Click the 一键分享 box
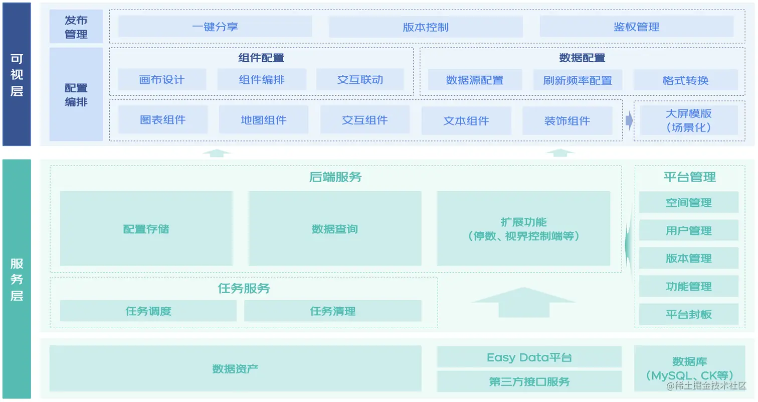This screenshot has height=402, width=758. click(x=215, y=27)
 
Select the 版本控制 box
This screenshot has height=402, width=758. click(x=426, y=27)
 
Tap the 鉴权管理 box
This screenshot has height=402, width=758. click(x=636, y=27)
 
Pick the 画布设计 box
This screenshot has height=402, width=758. click(x=162, y=80)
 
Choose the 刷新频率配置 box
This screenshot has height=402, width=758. click(x=578, y=80)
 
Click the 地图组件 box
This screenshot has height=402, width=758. click(x=264, y=120)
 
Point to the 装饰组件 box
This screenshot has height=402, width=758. click(x=567, y=120)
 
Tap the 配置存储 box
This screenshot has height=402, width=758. click(x=146, y=229)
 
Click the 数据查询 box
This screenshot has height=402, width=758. click(x=334, y=229)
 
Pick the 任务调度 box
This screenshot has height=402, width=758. click(x=148, y=311)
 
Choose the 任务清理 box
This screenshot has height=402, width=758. click(x=332, y=311)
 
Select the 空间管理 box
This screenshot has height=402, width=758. click(x=688, y=203)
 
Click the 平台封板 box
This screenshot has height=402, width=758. click(x=688, y=315)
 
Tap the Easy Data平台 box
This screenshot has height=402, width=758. click(x=529, y=357)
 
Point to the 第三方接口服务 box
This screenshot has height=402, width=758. click(x=529, y=381)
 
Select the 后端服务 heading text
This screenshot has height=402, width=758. click(x=335, y=177)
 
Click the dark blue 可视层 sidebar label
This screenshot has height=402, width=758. click(x=17, y=74)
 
